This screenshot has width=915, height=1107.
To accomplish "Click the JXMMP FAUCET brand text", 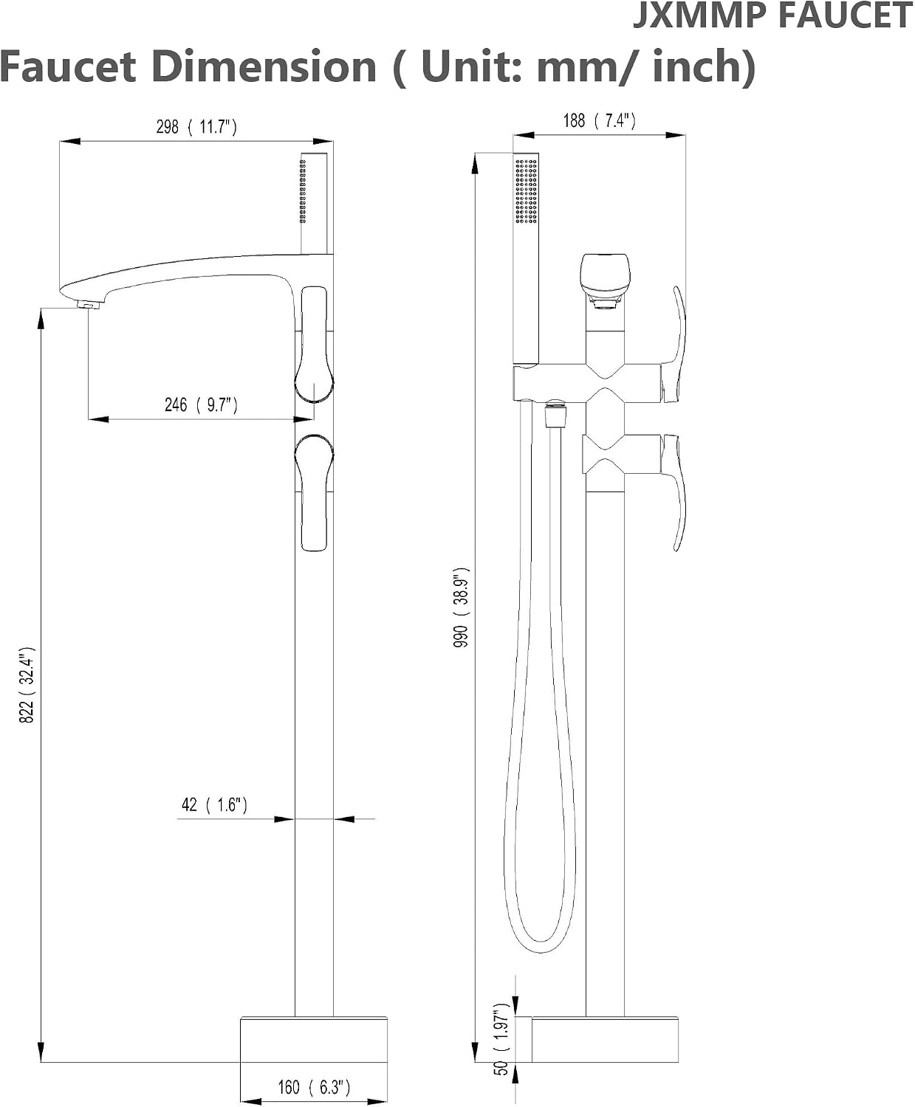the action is [x=773, y=15].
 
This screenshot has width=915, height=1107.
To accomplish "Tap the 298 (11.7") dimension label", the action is [x=196, y=127].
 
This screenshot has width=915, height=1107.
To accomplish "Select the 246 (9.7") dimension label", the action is [x=201, y=405].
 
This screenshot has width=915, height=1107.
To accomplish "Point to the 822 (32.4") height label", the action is [x=27, y=684].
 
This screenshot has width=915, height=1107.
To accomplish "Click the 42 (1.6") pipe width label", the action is [x=214, y=805].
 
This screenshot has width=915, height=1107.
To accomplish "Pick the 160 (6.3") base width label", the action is [x=314, y=1087].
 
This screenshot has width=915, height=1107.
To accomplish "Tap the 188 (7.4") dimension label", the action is [x=599, y=121].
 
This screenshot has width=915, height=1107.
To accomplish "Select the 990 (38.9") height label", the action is [x=462, y=607].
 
